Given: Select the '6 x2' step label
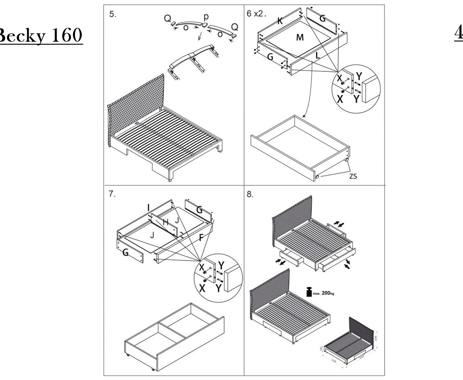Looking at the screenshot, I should [x=256, y=13].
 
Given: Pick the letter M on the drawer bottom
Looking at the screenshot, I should [x=300, y=38].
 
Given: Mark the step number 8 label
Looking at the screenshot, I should [x=250, y=195].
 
